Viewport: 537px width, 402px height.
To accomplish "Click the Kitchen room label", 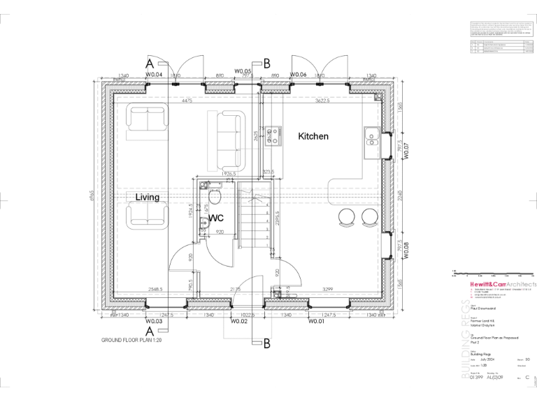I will (313, 136).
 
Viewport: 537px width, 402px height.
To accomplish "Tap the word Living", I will (148, 198).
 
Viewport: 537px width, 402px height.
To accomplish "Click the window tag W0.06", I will (299, 74).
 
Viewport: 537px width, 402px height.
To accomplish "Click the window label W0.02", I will (240, 322).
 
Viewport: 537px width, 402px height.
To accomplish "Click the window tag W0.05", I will (243, 70).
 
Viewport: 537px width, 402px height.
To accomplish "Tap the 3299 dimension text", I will (326, 288).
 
